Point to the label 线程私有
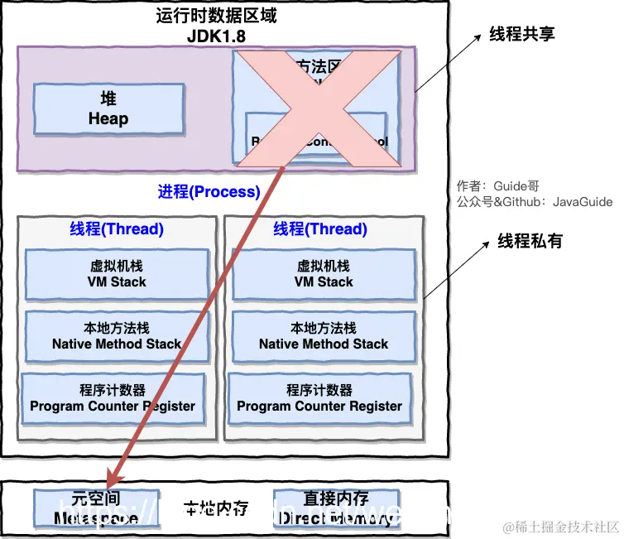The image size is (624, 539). (x=530, y=241)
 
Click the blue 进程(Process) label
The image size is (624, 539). (x=209, y=192)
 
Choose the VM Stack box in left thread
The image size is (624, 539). (x=117, y=274)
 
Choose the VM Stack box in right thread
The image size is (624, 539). (x=324, y=274)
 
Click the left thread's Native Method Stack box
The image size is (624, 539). (x=117, y=336)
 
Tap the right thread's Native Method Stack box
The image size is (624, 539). (x=324, y=336)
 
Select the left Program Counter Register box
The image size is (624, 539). (x=113, y=398)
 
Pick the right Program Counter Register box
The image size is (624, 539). (x=319, y=398)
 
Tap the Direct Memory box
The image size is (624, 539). (x=335, y=508)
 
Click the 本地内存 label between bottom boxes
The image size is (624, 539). (x=216, y=508)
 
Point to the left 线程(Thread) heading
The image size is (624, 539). (x=117, y=229)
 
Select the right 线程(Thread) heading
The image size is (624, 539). (x=320, y=229)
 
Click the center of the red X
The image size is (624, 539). (x=317, y=107)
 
